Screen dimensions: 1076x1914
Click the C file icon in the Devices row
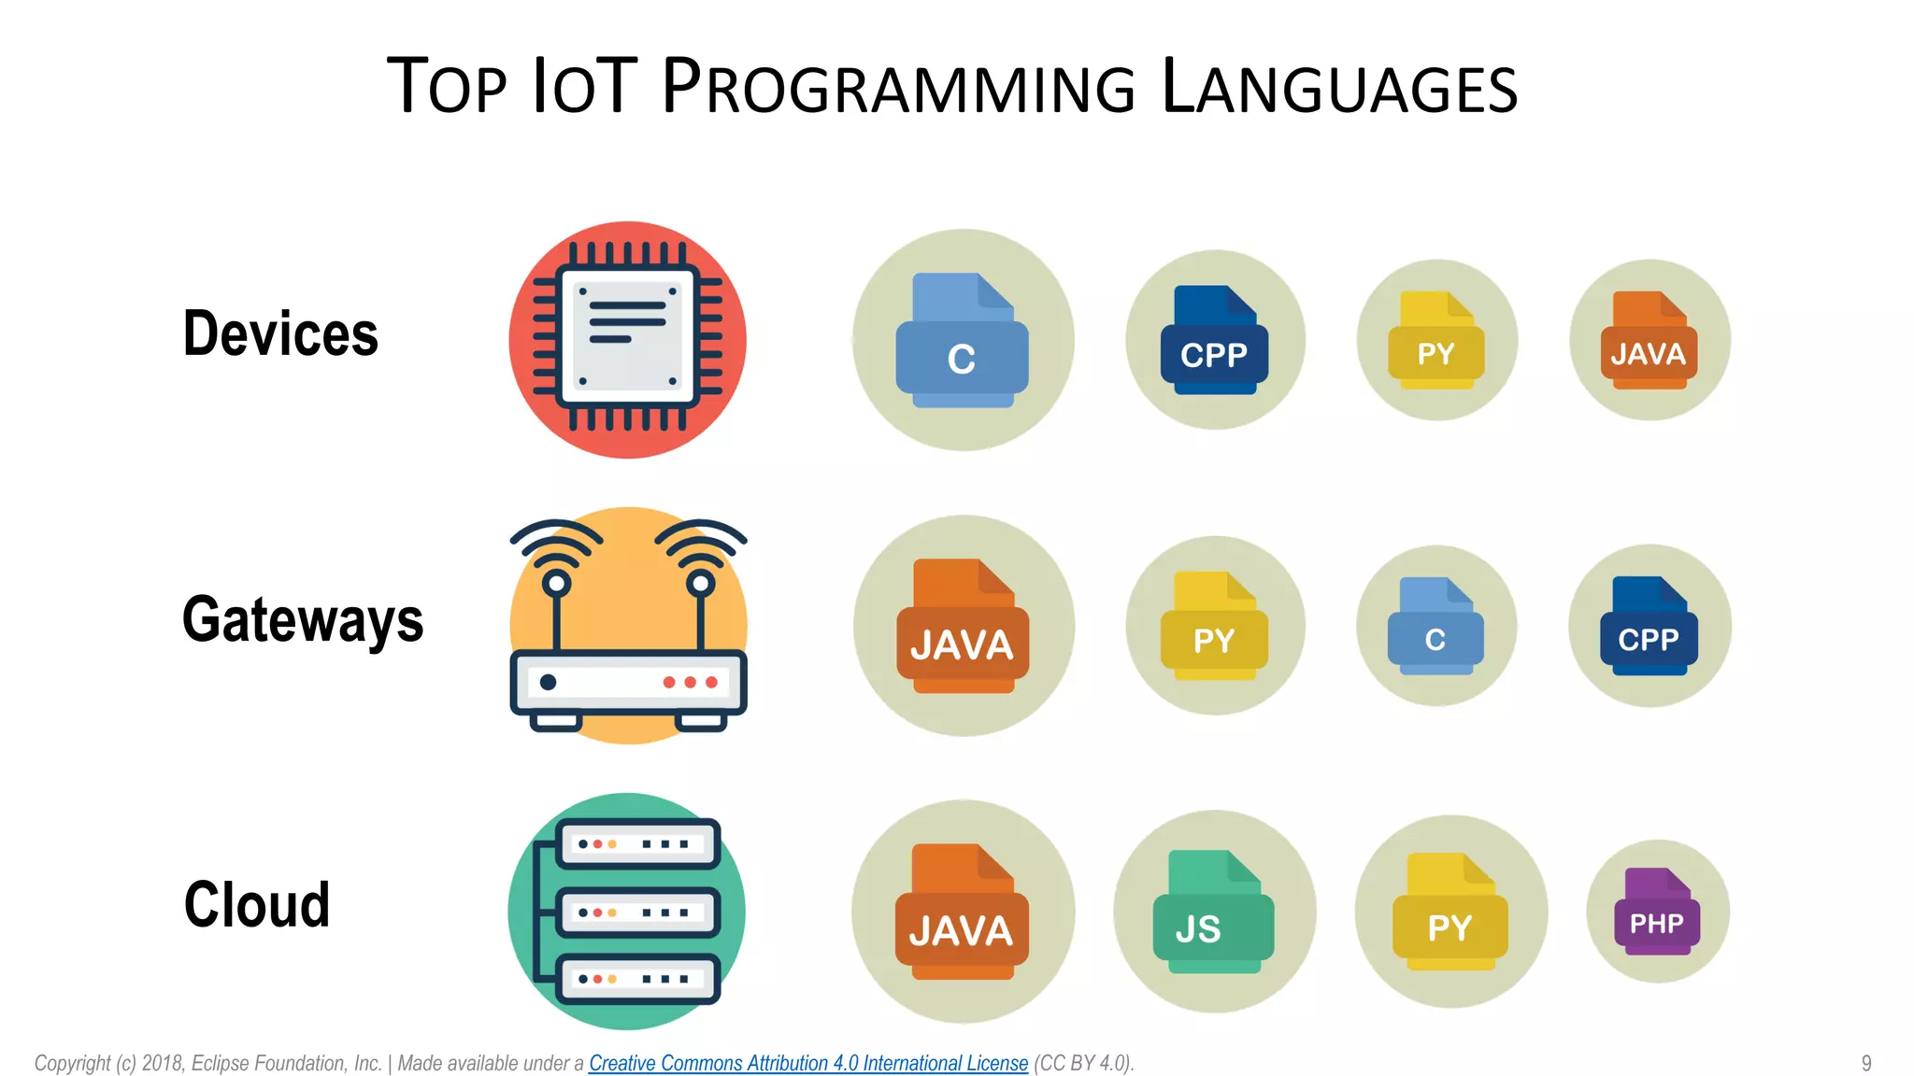click(963, 341)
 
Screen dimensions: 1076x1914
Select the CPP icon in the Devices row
click(1214, 341)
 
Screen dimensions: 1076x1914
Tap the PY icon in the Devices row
click(1436, 341)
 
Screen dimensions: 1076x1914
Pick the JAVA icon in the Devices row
click(1650, 341)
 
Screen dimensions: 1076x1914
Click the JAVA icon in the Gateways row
click(963, 627)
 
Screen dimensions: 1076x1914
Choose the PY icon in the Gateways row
click(1214, 627)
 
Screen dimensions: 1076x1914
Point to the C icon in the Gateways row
click(1435, 627)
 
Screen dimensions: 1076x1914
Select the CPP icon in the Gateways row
click(1650, 627)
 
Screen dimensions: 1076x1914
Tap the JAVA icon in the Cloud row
click(962, 913)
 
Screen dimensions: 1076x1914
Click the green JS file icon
click(1213, 913)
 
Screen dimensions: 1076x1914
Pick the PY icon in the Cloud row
click(1450, 913)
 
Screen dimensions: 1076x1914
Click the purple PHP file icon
click(1657, 913)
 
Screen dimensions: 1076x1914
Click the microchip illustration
click(628, 340)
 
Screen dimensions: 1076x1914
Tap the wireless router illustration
click(628, 626)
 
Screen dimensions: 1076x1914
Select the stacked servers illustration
click(627, 912)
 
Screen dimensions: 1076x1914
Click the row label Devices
click(280, 333)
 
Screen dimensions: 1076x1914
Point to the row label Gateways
click(303, 620)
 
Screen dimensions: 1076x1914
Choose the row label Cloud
click(257, 905)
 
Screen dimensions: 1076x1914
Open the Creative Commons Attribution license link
click(808, 1063)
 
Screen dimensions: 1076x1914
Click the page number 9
click(1865, 1063)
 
